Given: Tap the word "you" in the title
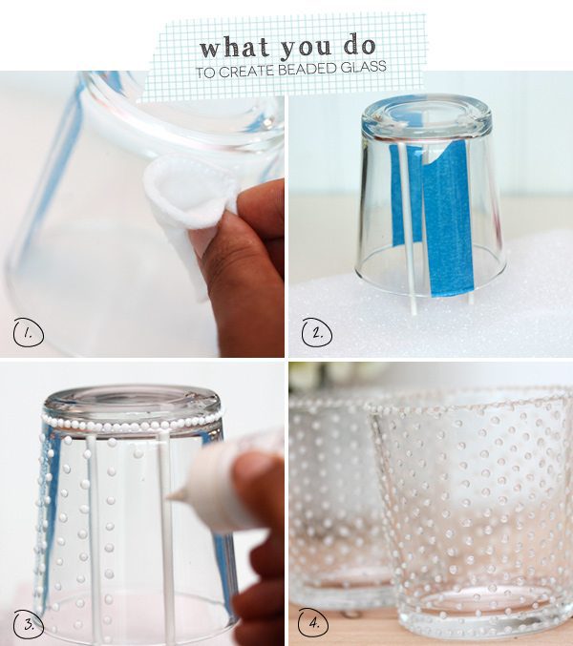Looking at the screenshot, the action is pos(307,48).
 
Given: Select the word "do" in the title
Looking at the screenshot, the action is pos(360,46).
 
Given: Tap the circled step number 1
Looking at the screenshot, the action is pos(29,333).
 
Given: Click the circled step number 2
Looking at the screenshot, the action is pos(317,332).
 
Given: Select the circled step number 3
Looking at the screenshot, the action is pos(29,624).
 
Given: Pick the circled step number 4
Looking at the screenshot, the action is pos(313,623).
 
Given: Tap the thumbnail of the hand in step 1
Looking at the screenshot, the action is pos(211,241).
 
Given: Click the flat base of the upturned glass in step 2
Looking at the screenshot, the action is pos(427,112).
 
